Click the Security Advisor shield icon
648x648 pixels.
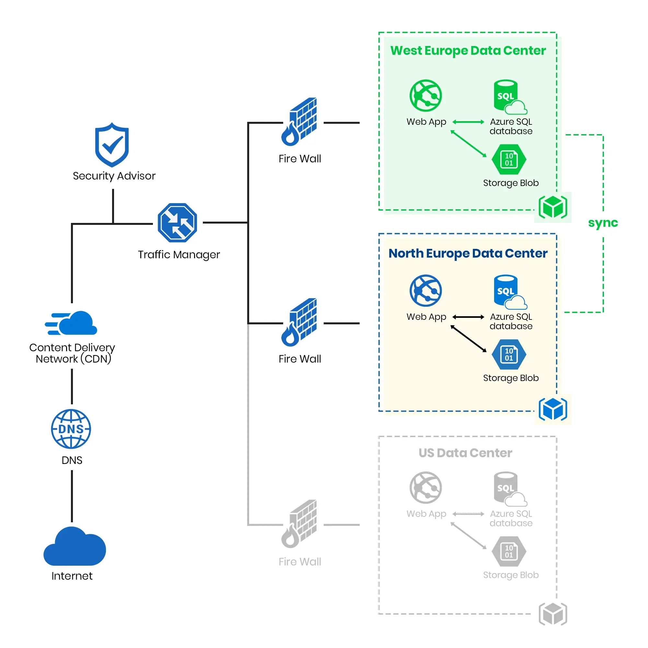pos(112,145)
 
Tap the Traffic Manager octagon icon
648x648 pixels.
pos(177,223)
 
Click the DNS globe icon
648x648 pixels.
pos(71,429)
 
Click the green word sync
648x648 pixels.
pos(603,223)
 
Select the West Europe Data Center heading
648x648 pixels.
pos(468,51)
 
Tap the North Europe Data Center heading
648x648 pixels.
pos(468,253)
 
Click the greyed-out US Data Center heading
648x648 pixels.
pos(465,453)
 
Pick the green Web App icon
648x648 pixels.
pos(426,96)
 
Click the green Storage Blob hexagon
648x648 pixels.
pos(509,160)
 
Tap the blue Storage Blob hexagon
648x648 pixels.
pos(509,354)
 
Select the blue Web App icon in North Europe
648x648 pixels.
pos(426,290)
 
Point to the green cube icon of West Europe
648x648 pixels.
pos(553,207)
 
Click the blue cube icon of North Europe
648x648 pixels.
pos(553,409)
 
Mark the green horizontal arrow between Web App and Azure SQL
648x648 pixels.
pos(468,122)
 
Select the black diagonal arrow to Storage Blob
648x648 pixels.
pos(469,339)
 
